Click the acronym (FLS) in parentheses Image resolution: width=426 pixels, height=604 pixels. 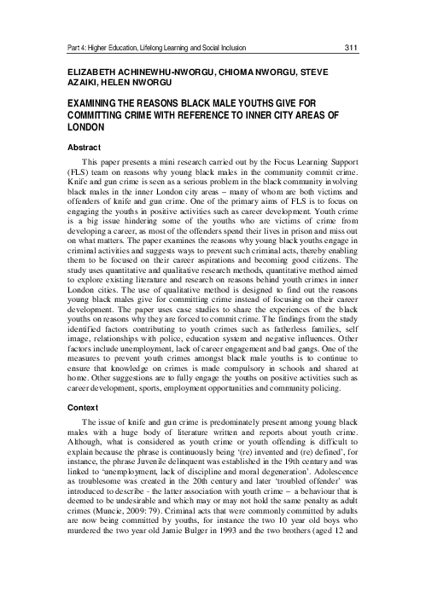tap(79, 173)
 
